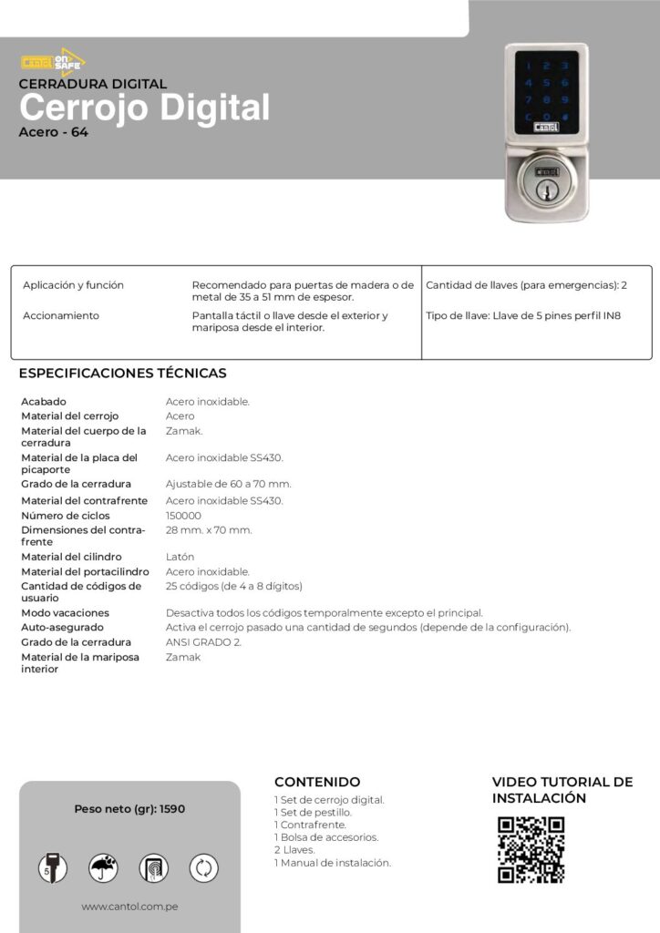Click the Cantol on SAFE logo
(x=52, y=60)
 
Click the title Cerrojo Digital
(x=144, y=108)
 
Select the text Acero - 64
(x=53, y=132)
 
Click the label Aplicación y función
(x=73, y=285)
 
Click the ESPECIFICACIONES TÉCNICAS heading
(x=122, y=374)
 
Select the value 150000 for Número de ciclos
(x=183, y=516)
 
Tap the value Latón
(x=180, y=557)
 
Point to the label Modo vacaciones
(x=65, y=613)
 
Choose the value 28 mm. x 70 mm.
(x=209, y=530)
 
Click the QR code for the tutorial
(x=531, y=850)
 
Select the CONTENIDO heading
(x=316, y=782)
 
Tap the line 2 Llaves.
(x=294, y=850)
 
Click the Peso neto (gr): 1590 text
(x=129, y=808)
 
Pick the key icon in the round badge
(x=53, y=868)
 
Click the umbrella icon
(x=103, y=868)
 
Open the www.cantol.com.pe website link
(x=129, y=907)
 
